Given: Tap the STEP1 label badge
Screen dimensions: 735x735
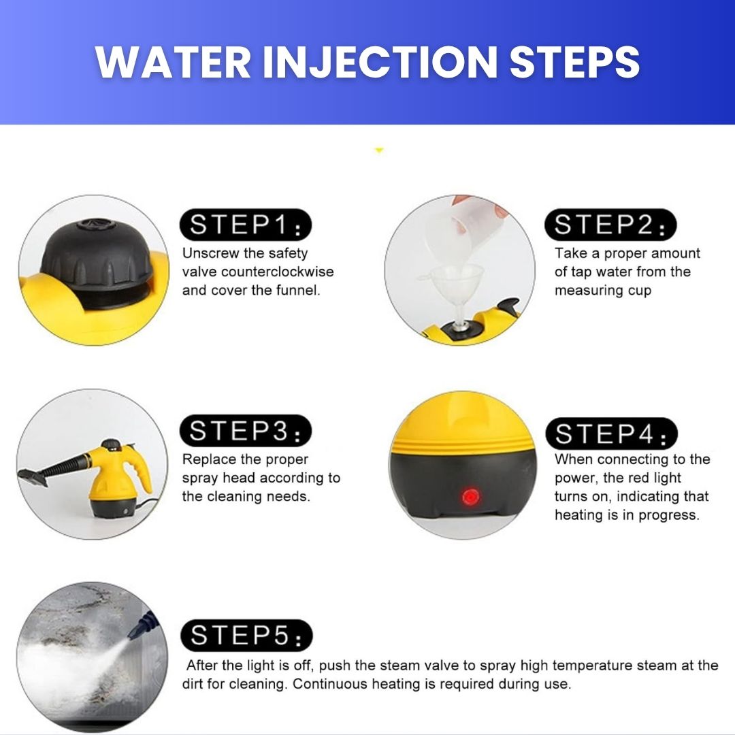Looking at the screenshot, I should tap(245, 225).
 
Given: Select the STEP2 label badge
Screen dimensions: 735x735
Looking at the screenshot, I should tap(610, 225).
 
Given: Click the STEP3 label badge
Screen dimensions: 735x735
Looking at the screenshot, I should tap(245, 431).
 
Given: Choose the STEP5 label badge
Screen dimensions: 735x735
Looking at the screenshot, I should tap(246, 635).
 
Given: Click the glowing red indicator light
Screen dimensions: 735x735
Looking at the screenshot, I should tap(470, 497).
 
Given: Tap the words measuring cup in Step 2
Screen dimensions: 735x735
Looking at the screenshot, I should tap(603, 291).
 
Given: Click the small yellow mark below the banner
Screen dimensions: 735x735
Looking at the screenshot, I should tap(379, 150).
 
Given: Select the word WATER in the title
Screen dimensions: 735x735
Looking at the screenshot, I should tap(174, 62).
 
